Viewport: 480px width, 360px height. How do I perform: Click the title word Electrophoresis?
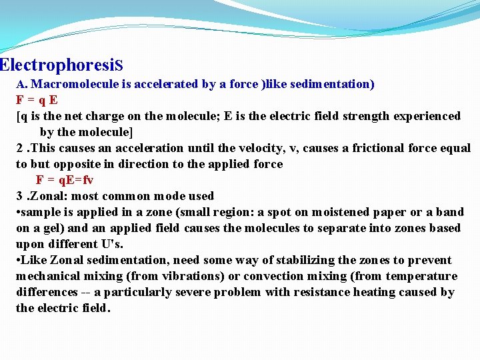coord(61,65)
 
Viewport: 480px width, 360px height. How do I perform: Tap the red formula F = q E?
coord(37,100)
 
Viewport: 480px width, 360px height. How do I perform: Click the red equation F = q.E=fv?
coord(65,180)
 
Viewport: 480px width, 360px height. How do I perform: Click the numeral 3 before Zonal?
coord(20,196)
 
